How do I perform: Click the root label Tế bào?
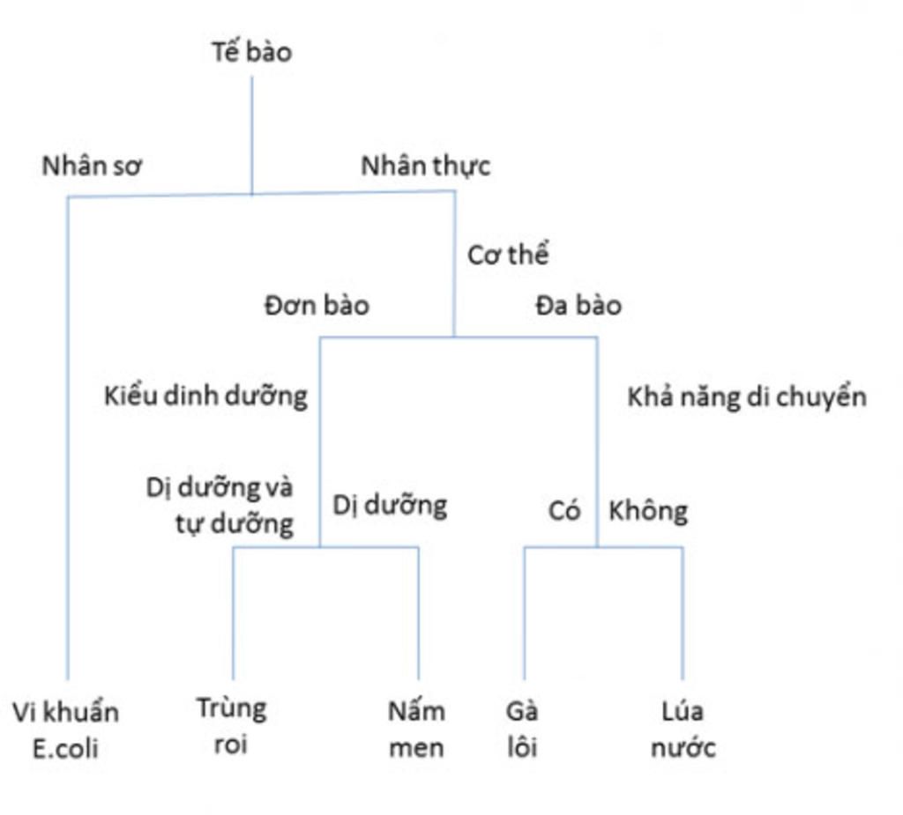tap(251, 52)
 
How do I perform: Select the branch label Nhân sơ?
tap(92, 167)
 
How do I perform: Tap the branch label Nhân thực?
tap(426, 167)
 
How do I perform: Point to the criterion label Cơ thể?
tap(508, 255)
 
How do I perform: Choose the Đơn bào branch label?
tap(317, 305)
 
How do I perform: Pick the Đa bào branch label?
tap(578, 305)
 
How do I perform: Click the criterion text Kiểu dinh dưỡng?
tap(205, 396)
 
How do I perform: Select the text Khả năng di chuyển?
tap(747, 397)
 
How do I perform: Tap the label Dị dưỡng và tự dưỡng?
tap(220, 506)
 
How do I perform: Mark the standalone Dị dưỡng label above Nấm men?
tap(390, 506)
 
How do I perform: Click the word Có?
tap(563, 510)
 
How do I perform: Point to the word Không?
tap(648, 511)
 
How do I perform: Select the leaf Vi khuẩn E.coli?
tap(65, 730)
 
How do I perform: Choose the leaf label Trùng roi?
tap(232, 726)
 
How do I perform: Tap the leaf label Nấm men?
tap(416, 730)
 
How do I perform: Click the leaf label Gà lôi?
tap(522, 730)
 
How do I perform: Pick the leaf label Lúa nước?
tap(683, 730)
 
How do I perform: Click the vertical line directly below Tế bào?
tap(251, 136)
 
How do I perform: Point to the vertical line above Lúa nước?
tap(683, 613)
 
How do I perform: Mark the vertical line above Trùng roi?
tap(233, 613)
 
